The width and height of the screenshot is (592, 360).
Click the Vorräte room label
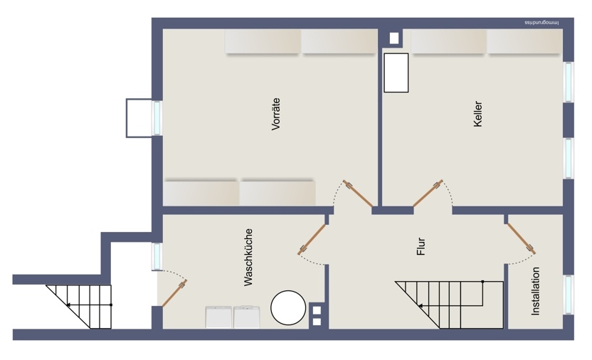pos(276,114)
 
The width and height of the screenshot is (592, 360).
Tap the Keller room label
pos(477,114)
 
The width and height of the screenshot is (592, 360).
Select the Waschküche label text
pos(248,258)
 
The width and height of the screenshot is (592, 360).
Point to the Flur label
pos(421,246)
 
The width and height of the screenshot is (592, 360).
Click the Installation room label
pos(535,291)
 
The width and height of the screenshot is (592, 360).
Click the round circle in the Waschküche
pos(288,307)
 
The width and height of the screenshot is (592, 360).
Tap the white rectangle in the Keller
pos(396,73)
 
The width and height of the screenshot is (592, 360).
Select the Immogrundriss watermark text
pos(541,23)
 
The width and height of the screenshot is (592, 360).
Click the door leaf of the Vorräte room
pos(358,194)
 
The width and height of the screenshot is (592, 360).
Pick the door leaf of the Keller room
pos(428,194)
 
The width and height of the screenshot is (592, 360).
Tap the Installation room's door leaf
pos(522,238)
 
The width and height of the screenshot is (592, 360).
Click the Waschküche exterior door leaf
pos(174,293)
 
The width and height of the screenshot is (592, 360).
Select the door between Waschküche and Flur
pos(312,240)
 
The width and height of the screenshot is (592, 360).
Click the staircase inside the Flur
pos(449,305)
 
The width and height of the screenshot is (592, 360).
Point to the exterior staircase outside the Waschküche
pos(79,307)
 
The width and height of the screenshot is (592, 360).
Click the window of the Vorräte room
pos(157,117)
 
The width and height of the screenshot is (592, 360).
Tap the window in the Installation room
pos(569,295)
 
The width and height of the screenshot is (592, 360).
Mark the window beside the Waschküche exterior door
pos(157,257)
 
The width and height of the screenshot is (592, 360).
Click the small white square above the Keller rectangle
pos(393,38)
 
